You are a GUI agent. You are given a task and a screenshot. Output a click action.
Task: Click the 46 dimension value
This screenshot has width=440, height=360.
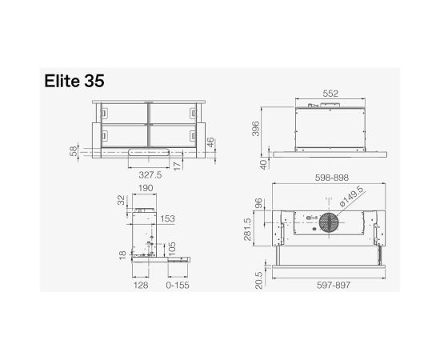pyautogui.click(x=210, y=143)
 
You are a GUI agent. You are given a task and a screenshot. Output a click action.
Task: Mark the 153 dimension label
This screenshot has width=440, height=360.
pyautogui.click(x=167, y=218)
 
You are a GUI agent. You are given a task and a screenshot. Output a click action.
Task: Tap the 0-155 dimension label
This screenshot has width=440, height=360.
pyautogui.click(x=177, y=284)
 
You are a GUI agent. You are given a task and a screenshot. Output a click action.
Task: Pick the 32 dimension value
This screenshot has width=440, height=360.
pyautogui.click(x=120, y=200)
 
